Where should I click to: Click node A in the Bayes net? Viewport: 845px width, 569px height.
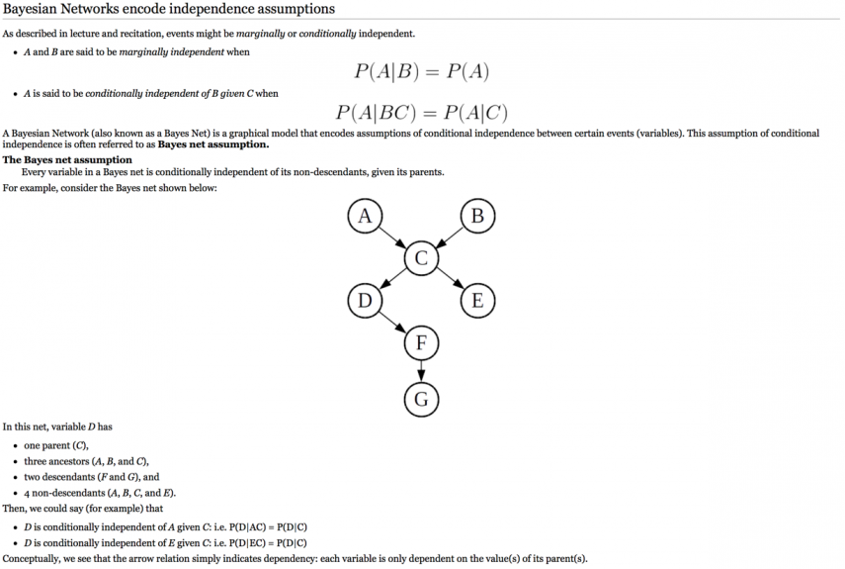click(x=365, y=216)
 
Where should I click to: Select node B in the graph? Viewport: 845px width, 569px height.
click(x=477, y=216)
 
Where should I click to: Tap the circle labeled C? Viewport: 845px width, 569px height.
click(x=421, y=258)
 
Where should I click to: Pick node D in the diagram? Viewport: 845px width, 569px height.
click(x=365, y=301)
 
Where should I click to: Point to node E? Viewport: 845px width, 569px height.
click(x=477, y=301)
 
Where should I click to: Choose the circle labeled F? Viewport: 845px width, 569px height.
click(x=421, y=342)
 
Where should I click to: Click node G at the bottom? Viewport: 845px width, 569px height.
click(x=421, y=399)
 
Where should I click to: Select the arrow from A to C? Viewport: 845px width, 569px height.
click(x=392, y=237)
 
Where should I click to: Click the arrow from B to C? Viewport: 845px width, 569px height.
click(x=450, y=237)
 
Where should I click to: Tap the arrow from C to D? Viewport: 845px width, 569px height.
click(x=393, y=279)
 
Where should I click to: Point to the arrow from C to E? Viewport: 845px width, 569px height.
click(x=450, y=279)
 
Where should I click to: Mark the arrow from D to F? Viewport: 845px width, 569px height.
click(x=392, y=322)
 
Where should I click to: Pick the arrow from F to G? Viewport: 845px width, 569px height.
click(x=421, y=371)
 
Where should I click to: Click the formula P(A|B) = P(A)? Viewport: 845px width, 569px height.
click(x=421, y=71)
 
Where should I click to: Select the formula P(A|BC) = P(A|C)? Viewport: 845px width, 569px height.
click(x=421, y=112)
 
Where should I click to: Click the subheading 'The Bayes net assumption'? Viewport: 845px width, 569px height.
click(x=67, y=159)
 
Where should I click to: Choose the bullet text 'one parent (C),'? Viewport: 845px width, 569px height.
click(x=56, y=445)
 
